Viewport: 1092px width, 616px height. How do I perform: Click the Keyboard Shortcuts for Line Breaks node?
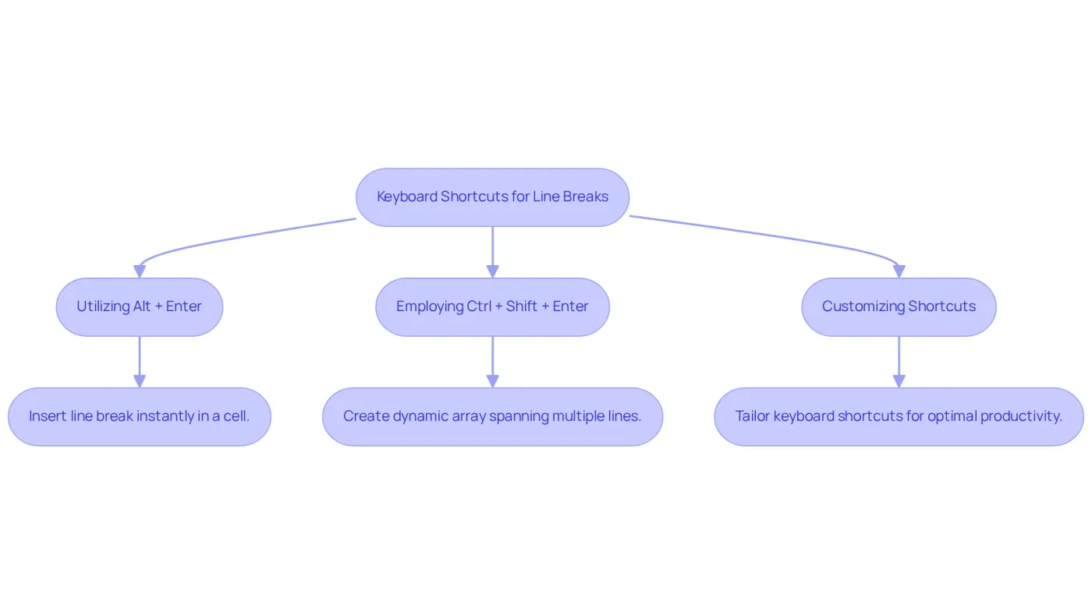[x=492, y=197]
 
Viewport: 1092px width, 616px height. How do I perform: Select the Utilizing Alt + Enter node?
[x=140, y=307]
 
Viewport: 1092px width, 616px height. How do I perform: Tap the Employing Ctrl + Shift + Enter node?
[x=492, y=307]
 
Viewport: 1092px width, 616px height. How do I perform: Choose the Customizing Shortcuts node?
[x=899, y=307]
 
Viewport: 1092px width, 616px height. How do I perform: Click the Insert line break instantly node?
[x=140, y=416]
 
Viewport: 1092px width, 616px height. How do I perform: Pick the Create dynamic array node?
[x=492, y=416]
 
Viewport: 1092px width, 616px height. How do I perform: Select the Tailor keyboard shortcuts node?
[x=899, y=416]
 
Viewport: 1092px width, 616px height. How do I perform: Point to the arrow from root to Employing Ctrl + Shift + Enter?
[x=492, y=253]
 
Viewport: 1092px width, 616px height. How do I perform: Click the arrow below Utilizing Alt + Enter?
[x=140, y=362]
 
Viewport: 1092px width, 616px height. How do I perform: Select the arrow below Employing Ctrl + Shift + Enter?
[x=492, y=362]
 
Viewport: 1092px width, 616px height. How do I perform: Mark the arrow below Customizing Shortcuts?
[x=899, y=362]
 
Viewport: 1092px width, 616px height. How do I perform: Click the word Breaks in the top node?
[x=586, y=196]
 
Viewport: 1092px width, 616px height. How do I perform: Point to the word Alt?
[x=142, y=306]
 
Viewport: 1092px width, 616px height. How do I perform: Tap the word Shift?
[x=522, y=306]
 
